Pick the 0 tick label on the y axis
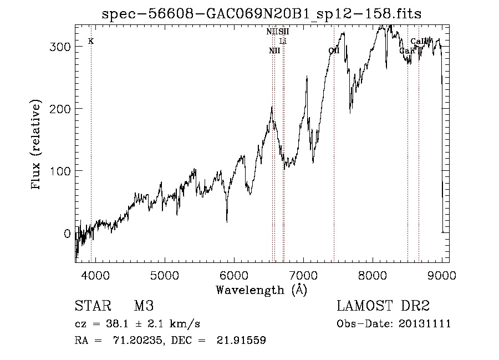click(x=67, y=233)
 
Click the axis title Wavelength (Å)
click(x=261, y=290)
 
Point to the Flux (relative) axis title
click(x=37, y=145)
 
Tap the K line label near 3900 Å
click(x=91, y=41)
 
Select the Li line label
click(x=283, y=41)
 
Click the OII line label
click(x=334, y=50)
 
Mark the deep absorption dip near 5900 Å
click(x=227, y=221)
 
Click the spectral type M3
click(x=144, y=306)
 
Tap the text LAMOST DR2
click(x=383, y=306)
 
